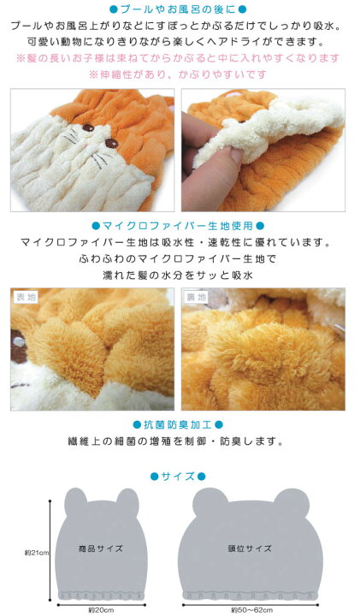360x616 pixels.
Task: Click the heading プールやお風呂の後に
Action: click(x=180, y=9)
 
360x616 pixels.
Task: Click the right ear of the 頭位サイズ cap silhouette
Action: click(x=290, y=499)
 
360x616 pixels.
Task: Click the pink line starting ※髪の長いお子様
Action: click(x=180, y=57)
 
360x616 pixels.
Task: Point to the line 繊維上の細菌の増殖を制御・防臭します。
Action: click(x=180, y=442)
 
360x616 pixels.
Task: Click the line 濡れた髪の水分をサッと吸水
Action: click(x=180, y=274)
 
